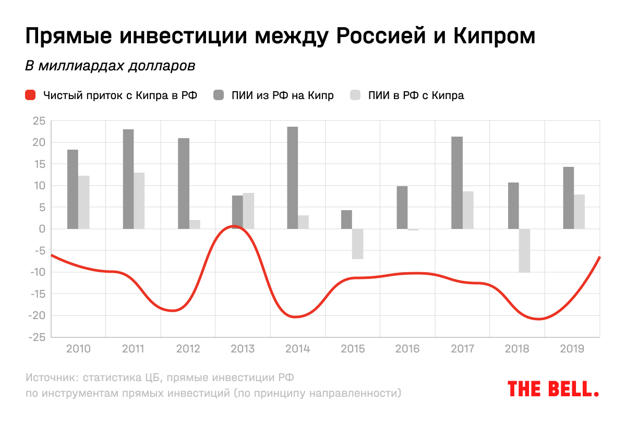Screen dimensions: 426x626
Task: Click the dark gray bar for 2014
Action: tap(293, 178)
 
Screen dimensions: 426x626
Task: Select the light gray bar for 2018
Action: tap(524, 250)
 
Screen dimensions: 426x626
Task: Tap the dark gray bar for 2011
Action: tap(128, 179)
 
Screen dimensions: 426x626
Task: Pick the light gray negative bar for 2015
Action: tap(357, 244)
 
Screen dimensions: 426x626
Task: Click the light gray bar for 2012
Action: tap(195, 224)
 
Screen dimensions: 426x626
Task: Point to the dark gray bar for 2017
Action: tap(457, 182)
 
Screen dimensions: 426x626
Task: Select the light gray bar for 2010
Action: tap(84, 202)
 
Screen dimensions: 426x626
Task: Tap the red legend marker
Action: tap(30, 95)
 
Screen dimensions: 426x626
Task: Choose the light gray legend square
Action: tap(355, 95)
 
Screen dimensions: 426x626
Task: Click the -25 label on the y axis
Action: tap(38, 337)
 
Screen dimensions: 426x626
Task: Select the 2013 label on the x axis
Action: tap(243, 349)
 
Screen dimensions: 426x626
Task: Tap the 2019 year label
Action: tap(572, 349)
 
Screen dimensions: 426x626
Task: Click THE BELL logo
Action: tap(552, 388)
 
